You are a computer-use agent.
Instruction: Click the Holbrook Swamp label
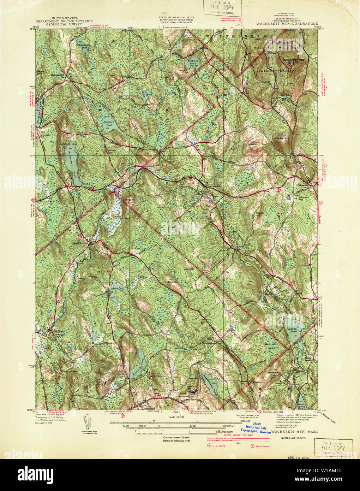pos(272,346)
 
